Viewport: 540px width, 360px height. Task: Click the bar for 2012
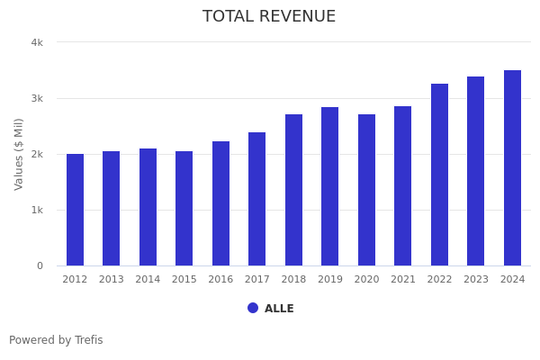(75, 210)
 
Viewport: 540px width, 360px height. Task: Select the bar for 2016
(220, 203)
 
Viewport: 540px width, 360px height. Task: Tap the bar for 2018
(293, 190)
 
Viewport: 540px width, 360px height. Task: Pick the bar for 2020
(366, 190)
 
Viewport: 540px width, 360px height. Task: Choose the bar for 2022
(439, 175)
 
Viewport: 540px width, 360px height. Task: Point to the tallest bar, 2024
(512, 168)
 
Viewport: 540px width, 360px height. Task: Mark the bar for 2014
(148, 207)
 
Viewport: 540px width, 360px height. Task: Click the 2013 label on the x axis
(112, 280)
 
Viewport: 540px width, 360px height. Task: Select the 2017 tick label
(257, 280)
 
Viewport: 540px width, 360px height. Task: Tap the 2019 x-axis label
(330, 280)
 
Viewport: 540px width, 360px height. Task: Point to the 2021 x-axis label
(403, 280)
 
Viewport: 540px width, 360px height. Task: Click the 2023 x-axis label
(476, 280)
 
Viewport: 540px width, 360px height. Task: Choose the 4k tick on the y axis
(37, 42)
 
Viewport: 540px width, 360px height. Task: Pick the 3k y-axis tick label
(37, 98)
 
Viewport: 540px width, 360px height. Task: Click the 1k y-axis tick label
(37, 210)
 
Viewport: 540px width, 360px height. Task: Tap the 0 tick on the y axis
(40, 265)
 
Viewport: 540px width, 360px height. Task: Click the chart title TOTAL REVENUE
(269, 17)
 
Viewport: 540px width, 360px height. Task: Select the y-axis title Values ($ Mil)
(19, 154)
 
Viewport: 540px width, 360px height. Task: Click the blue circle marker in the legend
(253, 308)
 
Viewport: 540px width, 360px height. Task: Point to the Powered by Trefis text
(56, 340)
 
